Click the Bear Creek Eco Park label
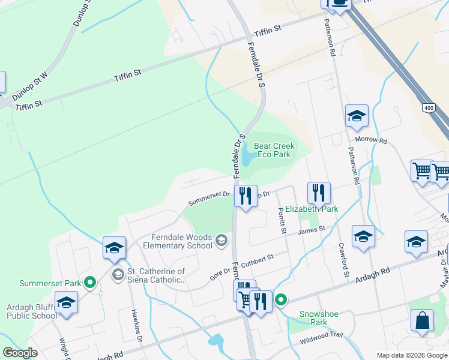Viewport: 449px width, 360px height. pos(274,150)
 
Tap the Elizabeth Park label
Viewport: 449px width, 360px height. pos(312,209)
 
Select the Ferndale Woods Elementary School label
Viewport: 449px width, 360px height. pos(173,241)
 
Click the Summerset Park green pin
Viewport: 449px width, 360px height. pos(90,282)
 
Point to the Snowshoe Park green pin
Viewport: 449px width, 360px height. pos(280,299)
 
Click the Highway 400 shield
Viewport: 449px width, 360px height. pos(428,108)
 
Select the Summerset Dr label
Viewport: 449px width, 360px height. pos(209,194)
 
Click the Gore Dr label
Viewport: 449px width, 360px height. pos(219,273)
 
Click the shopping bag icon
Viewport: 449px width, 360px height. pos(422,321)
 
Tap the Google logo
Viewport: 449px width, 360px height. pos(20,353)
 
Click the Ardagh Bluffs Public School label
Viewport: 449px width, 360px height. pos(32,312)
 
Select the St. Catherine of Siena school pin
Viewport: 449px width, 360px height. pos(118,275)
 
